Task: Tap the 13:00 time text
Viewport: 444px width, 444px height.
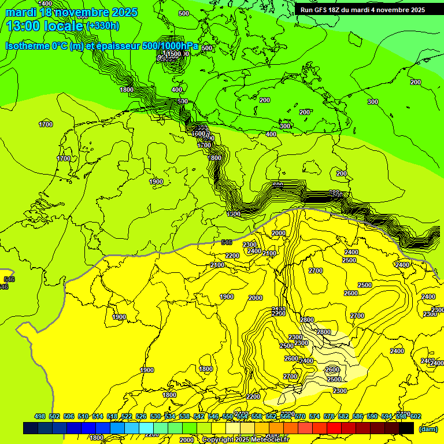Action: tap(21, 26)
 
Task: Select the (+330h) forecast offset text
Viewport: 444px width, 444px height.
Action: tap(103, 26)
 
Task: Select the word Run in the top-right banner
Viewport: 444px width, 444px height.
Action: tap(306, 10)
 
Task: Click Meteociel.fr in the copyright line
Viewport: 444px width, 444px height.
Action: tap(268, 439)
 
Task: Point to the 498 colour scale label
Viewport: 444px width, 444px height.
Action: tap(40, 416)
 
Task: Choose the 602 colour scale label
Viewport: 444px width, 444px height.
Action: tap(415, 416)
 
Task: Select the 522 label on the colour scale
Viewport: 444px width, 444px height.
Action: tap(127, 416)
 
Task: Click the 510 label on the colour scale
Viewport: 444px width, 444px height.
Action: tap(83, 416)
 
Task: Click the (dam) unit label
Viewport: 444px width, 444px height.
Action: tap(428, 428)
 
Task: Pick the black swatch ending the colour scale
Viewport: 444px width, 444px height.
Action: tap(406, 428)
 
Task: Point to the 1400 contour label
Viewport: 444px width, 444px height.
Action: tap(45, 3)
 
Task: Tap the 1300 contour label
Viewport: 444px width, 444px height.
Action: tap(234, 214)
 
